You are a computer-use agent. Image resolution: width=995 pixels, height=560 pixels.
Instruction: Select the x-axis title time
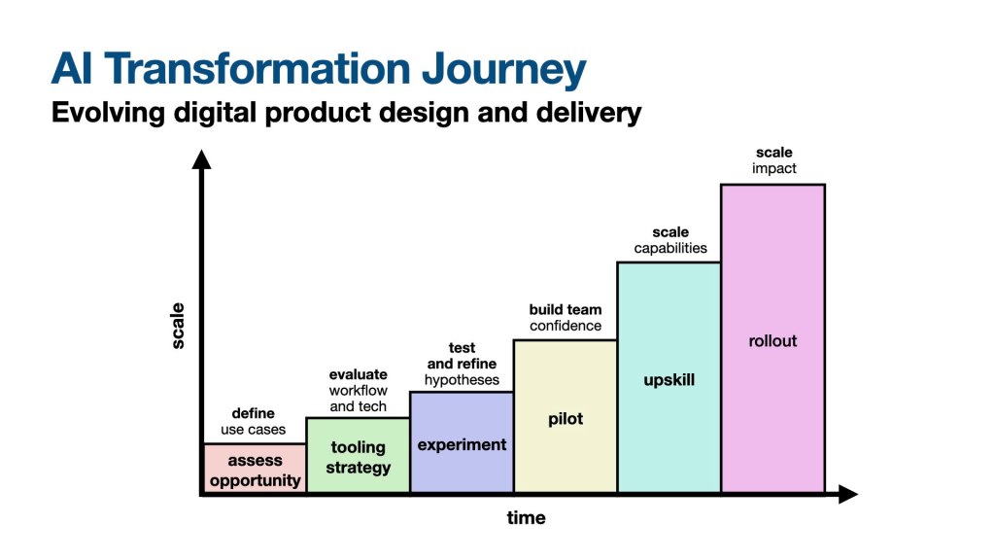(526, 517)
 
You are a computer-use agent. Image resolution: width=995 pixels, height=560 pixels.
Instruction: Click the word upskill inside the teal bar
(669, 379)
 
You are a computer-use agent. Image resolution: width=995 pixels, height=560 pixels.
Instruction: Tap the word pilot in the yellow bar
(565, 419)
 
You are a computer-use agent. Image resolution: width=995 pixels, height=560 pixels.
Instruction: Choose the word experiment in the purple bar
(462, 444)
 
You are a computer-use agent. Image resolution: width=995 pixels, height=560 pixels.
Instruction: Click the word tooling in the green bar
(358, 447)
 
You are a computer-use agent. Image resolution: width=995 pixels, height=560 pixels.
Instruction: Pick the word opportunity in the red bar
(255, 480)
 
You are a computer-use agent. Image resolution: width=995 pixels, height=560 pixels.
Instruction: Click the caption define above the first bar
(253, 413)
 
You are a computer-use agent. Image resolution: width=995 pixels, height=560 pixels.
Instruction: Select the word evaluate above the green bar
(358, 374)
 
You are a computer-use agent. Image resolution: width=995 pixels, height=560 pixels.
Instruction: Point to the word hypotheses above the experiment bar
(462, 380)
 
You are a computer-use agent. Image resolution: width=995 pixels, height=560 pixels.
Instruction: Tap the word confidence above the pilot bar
(566, 326)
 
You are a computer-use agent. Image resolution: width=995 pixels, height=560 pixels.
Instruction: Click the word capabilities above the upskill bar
(670, 248)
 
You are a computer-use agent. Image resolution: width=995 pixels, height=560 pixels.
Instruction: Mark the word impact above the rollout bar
(773, 168)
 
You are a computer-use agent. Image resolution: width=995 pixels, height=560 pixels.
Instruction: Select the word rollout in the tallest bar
(772, 341)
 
